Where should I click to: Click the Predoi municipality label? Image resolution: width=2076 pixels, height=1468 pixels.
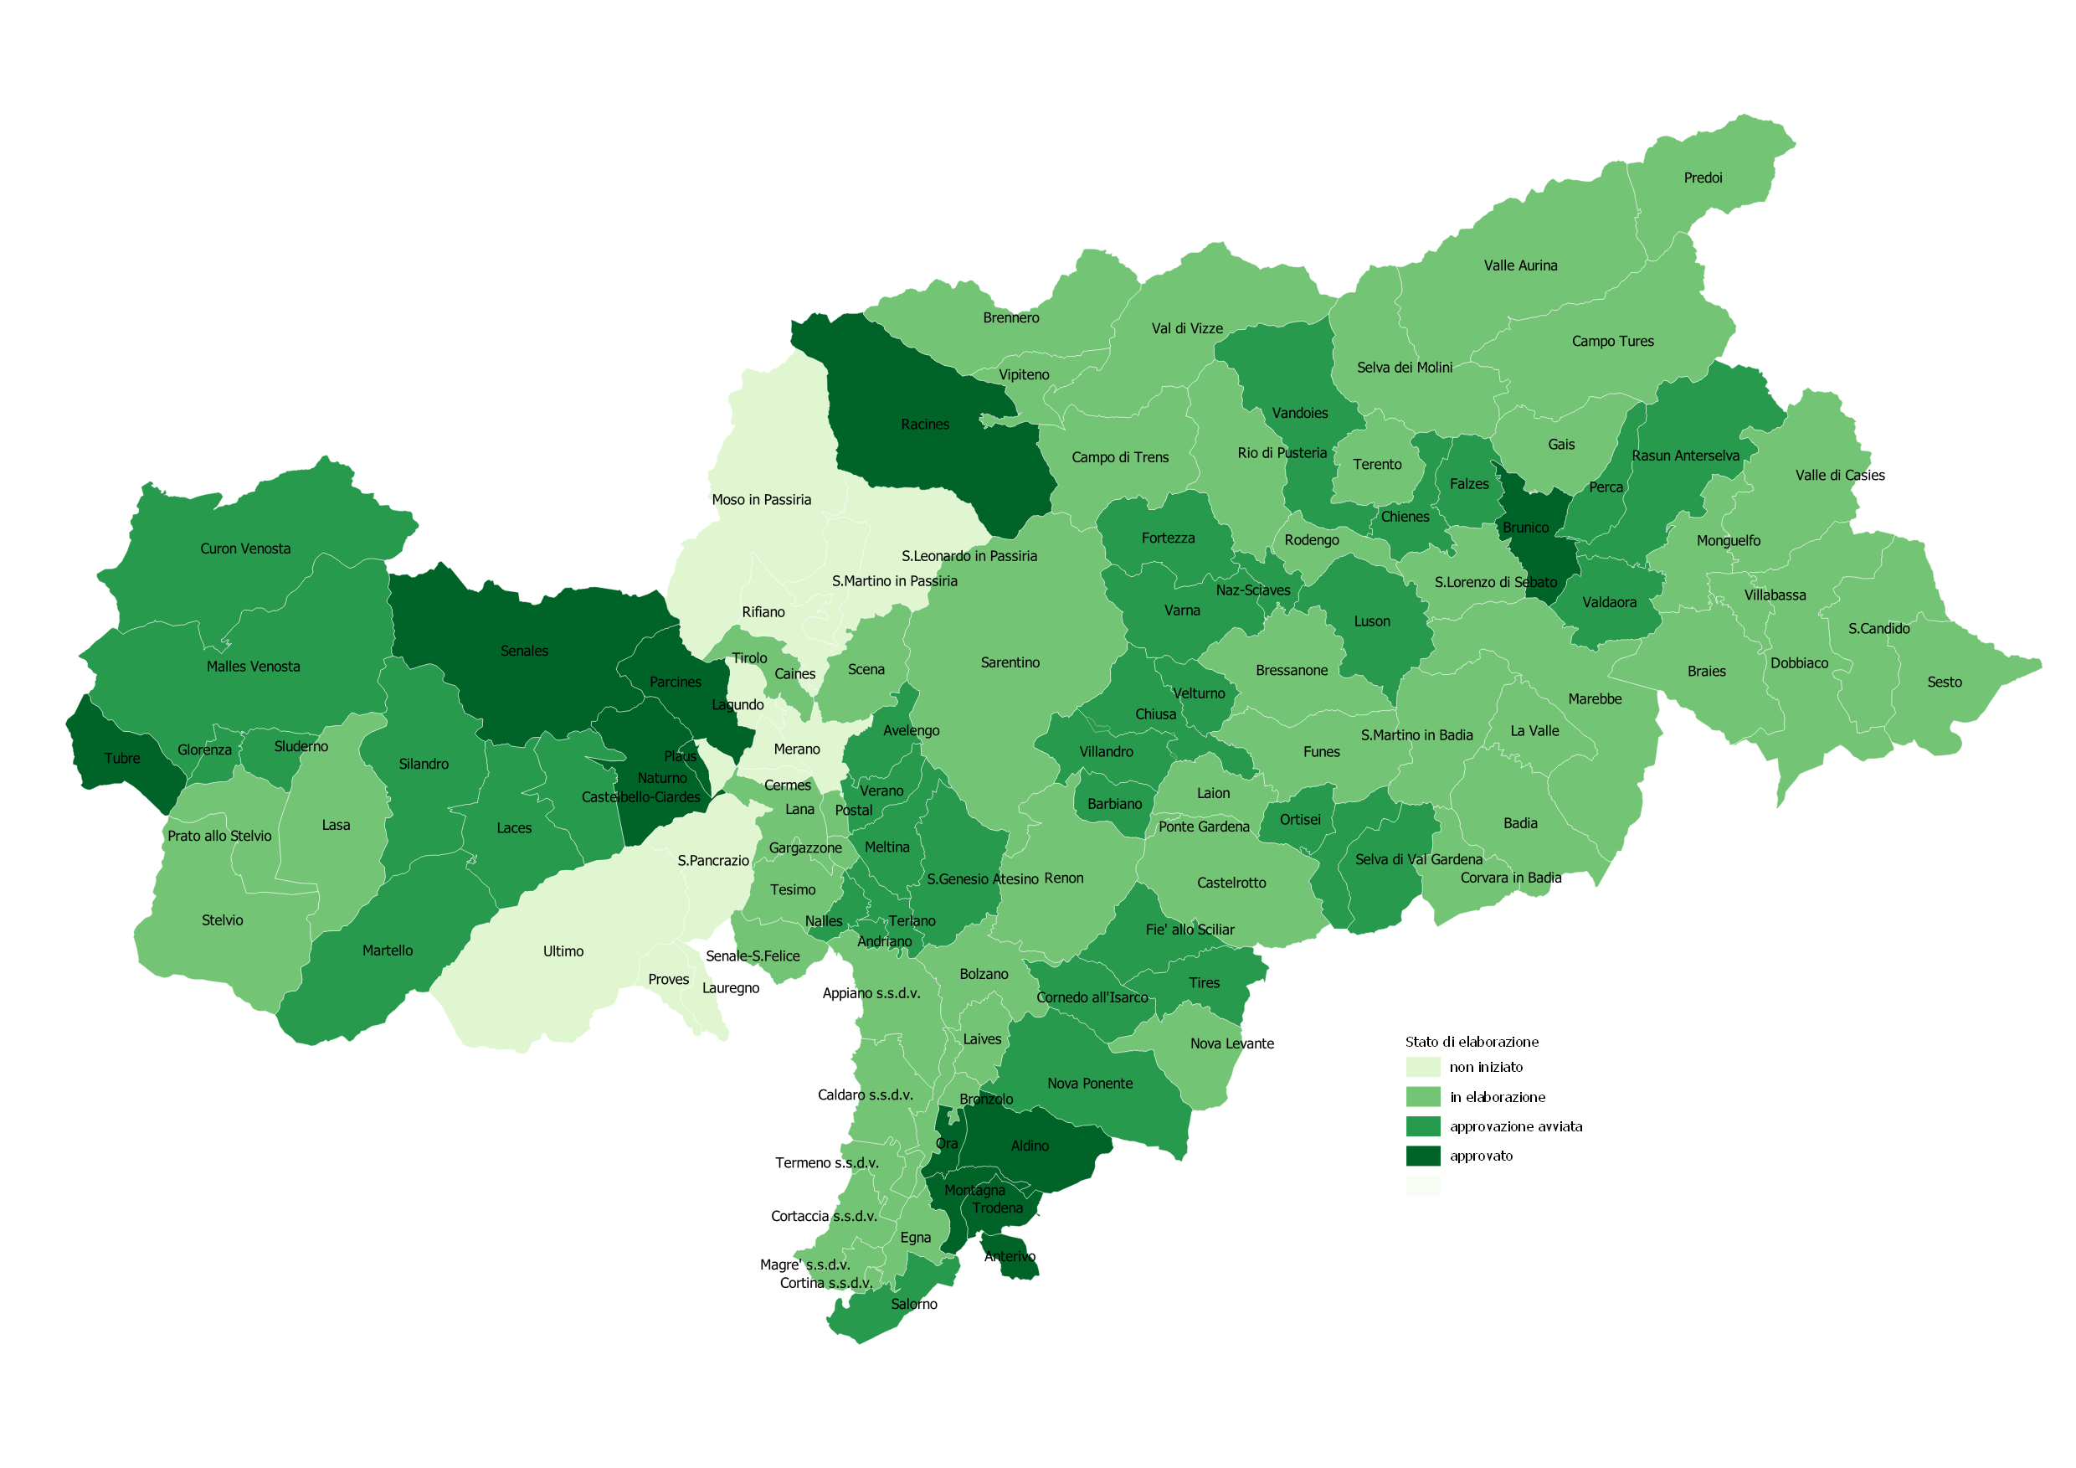coord(1703,178)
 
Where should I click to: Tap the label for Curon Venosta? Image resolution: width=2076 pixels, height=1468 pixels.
coord(245,549)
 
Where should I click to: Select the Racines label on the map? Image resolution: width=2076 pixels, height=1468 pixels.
coord(925,425)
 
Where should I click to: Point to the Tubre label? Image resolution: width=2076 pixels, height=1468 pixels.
coord(122,759)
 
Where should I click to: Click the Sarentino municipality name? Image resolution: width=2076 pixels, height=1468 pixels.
coord(1010,663)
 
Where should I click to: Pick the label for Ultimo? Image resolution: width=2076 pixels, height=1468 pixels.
coord(563,951)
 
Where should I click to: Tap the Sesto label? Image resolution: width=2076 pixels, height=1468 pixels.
coord(1944,682)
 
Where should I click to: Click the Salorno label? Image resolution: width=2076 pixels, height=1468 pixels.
coord(913,1305)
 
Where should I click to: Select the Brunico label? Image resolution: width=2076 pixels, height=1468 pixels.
coord(1525,528)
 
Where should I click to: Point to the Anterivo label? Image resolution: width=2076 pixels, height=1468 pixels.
coord(1009,1256)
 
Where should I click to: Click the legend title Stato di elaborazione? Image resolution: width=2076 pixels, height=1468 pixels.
coord(1471,1042)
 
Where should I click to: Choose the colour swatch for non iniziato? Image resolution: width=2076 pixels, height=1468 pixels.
coord(1422,1068)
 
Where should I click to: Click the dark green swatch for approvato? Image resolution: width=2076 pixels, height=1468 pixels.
coord(1422,1156)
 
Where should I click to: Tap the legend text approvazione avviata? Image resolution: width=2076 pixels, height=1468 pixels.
coord(1515,1127)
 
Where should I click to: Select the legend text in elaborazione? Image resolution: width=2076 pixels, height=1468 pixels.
coord(1498,1097)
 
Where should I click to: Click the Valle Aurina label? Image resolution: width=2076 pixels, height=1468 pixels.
coord(1520,266)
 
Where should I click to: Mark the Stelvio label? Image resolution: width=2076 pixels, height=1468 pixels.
coord(223,921)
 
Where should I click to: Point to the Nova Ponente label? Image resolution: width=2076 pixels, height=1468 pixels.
coord(1090,1084)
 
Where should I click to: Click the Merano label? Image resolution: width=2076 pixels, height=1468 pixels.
coord(797,749)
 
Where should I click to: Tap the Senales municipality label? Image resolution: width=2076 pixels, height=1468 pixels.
coord(524,652)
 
